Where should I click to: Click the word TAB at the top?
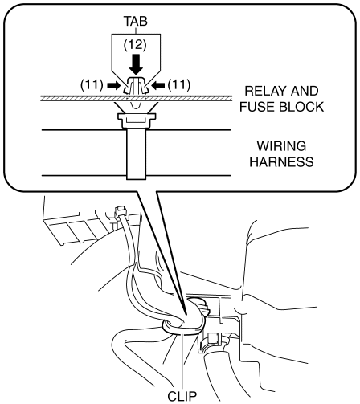point(136,21)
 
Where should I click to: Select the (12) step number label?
point(135,45)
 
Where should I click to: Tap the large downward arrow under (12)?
point(136,64)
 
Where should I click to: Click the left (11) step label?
point(92,85)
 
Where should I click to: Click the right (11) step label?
point(179,85)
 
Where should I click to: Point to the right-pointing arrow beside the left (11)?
point(114,85)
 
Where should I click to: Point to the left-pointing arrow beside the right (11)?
point(158,85)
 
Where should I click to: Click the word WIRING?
point(281,146)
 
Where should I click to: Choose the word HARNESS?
point(281,162)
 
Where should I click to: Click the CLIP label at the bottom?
point(182,396)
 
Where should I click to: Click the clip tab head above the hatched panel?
point(136,85)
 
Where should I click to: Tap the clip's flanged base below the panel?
point(137,120)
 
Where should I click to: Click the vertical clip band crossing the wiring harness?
point(137,153)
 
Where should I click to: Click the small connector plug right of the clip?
point(214,340)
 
